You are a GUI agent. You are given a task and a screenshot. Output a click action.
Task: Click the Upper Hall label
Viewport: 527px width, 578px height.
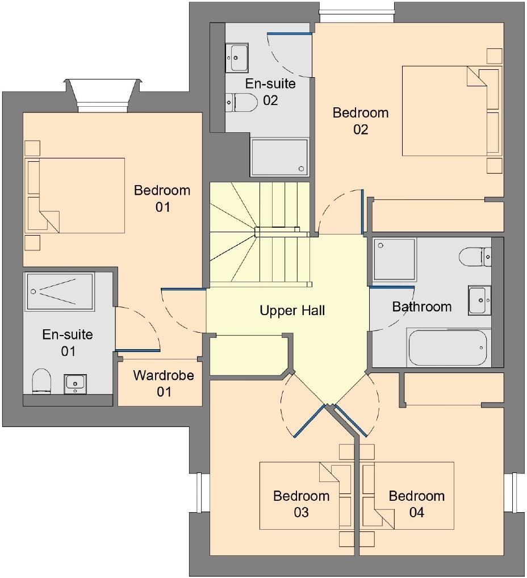[x=292, y=311]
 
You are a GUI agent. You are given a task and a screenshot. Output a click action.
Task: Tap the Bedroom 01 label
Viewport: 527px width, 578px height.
[x=162, y=198]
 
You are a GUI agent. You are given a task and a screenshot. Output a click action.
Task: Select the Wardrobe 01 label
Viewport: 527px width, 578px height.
[x=164, y=383]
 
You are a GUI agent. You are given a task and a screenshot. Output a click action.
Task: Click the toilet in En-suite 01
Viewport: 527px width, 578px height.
[x=41, y=380]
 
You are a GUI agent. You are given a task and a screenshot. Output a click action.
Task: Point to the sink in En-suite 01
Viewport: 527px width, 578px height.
[x=75, y=383]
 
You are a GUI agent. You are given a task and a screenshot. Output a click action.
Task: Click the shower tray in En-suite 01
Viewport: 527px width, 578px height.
[x=60, y=292]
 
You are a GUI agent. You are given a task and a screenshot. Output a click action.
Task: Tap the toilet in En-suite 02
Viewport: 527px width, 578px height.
[x=235, y=103]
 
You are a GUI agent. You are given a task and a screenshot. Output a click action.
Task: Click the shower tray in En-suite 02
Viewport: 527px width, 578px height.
[x=279, y=157]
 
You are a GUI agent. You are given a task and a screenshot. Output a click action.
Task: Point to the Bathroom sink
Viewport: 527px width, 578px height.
[x=479, y=300]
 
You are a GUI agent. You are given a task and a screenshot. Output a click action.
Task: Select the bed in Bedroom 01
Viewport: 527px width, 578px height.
[x=74, y=195]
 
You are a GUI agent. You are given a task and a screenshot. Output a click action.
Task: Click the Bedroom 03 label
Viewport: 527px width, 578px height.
[x=301, y=504]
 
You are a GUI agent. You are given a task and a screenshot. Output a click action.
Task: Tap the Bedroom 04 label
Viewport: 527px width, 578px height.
[x=416, y=504]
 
